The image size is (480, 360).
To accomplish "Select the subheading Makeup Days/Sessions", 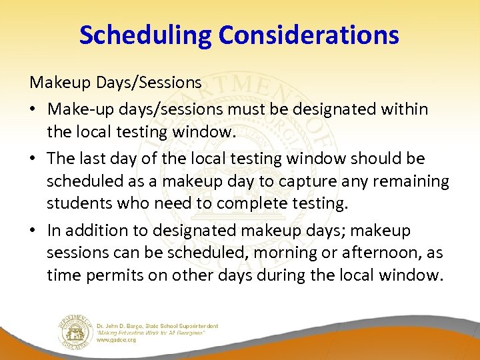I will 115,83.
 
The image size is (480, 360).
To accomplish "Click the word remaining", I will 409,181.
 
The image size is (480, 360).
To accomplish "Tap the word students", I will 78,203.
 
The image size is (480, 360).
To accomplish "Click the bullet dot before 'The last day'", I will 34,159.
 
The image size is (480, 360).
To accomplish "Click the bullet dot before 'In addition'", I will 34,231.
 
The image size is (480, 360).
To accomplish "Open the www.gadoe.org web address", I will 117,340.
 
